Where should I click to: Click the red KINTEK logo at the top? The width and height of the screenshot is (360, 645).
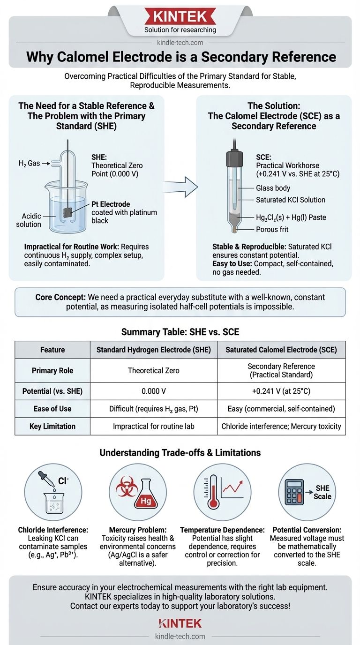(180, 17)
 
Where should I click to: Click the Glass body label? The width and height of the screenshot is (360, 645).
(273, 188)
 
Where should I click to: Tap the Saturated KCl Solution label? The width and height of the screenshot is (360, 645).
(291, 200)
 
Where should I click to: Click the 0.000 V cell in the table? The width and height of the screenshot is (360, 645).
(154, 391)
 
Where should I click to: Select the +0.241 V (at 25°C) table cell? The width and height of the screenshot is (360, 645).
(281, 391)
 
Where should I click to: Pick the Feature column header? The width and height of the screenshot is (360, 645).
(52, 349)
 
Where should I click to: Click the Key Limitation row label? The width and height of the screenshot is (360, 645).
(52, 426)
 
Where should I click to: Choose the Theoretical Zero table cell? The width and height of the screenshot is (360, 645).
(154, 370)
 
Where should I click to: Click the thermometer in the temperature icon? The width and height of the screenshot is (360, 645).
(213, 497)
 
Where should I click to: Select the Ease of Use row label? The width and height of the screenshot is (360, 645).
(52, 409)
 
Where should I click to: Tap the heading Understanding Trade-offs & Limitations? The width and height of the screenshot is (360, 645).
(180, 452)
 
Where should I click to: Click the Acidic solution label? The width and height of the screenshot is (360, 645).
(29, 220)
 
